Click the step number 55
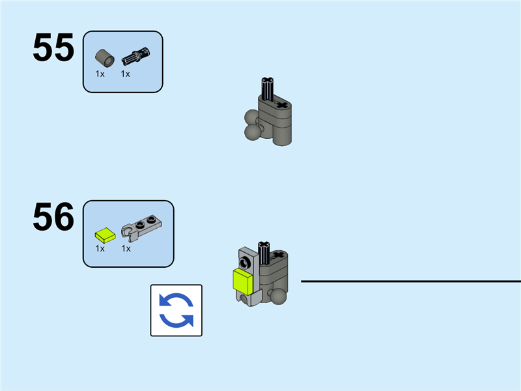click(x=53, y=48)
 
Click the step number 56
click(x=53, y=218)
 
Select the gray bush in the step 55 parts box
click(x=104, y=57)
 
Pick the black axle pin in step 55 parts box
click(x=135, y=57)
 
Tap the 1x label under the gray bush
click(x=100, y=74)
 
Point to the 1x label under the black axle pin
click(x=126, y=74)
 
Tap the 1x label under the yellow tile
click(x=100, y=248)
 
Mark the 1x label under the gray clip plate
click(x=126, y=248)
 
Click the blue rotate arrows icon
click(x=176, y=310)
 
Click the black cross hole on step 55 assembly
click(x=281, y=104)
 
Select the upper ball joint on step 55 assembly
click(x=251, y=118)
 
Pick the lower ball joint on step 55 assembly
click(x=252, y=133)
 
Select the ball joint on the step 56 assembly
click(x=279, y=297)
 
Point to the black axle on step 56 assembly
click(x=265, y=250)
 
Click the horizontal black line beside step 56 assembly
click(x=410, y=282)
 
